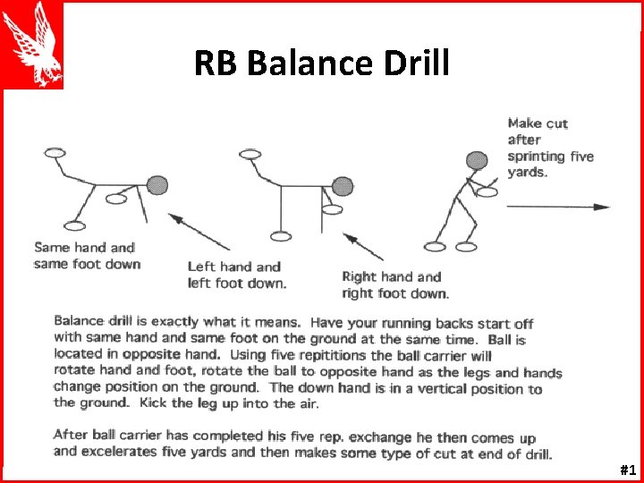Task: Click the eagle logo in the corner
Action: [x=32, y=45]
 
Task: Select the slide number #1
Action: [x=627, y=470]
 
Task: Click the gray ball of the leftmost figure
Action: [x=157, y=185]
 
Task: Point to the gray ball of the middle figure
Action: [x=342, y=186]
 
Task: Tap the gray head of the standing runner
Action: [x=476, y=161]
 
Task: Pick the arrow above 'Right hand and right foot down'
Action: [x=363, y=247]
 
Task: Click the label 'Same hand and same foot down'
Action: [x=87, y=255]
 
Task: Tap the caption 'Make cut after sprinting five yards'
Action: [x=549, y=148]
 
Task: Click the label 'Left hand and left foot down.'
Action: [x=237, y=275]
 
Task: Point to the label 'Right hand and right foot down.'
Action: [x=394, y=284]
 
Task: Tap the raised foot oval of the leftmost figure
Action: [x=55, y=153]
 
